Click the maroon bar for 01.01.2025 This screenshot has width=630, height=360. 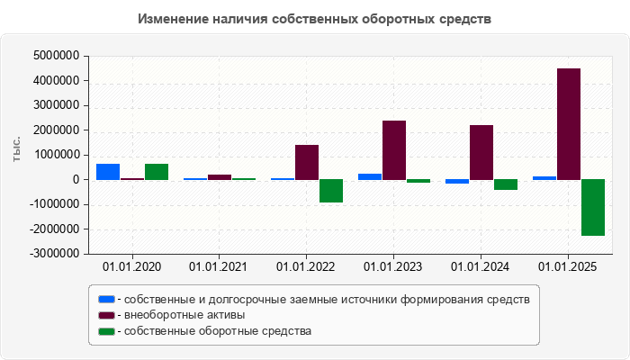click(568, 124)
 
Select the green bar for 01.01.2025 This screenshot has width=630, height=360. click(592, 207)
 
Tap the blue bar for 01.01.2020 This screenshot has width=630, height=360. click(108, 172)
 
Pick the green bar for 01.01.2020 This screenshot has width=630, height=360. click(157, 172)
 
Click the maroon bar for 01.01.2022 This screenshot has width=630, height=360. click(307, 162)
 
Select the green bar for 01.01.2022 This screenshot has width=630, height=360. click(331, 191)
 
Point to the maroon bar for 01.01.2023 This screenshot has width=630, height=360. click(394, 150)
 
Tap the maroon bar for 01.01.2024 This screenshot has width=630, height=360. click(481, 152)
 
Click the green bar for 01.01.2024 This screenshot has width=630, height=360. click(505, 184)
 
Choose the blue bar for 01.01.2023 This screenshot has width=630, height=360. click(370, 176)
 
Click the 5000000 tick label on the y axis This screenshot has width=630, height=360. click(55, 56)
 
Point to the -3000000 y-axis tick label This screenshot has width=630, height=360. click(53, 254)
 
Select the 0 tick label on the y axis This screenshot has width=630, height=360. click(76, 180)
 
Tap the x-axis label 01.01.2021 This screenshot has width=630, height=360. click(219, 266)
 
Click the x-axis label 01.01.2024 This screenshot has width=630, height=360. click(481, 266)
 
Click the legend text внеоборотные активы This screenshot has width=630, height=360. click(185, 315)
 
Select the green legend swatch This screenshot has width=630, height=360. click(107, 331)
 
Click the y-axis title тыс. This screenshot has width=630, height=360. click(17, 151)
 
